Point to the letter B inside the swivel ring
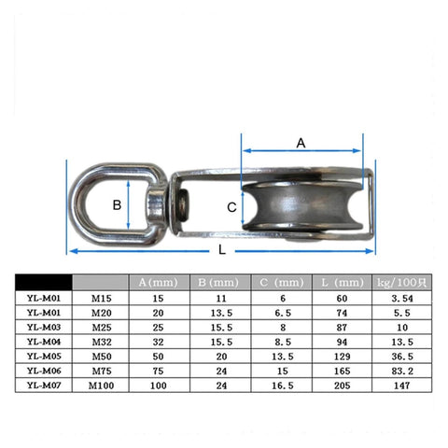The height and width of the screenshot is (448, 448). tap(117, 203)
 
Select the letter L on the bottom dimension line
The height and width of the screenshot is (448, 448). tap(219, 250)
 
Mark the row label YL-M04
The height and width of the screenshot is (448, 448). tap(44, 342)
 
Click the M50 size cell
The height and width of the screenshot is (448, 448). tap(100, 356)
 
